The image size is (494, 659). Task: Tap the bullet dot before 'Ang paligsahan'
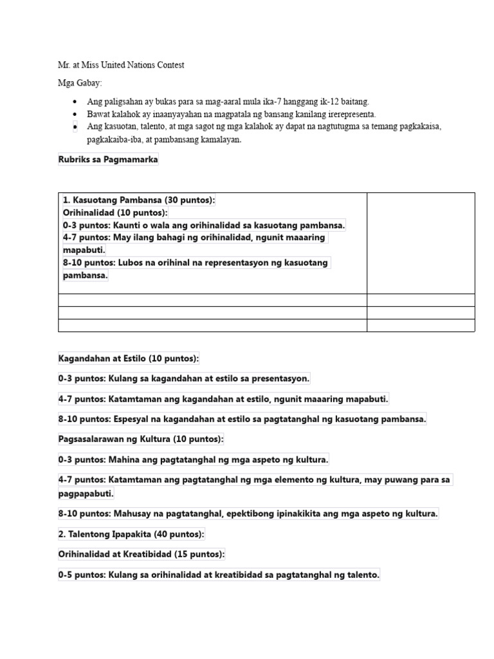(x=75, y=102)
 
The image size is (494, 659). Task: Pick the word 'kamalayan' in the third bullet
(x=218, y=140)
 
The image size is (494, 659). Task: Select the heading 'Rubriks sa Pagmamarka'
(x=107, y=160)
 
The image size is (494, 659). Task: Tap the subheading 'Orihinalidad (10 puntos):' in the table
(x=115, y=212)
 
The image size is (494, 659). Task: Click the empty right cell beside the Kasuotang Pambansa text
(x=421, y=243)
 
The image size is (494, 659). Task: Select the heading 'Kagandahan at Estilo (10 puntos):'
(x=129, y=358)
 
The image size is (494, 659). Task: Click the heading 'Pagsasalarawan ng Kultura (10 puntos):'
(x=141, y=439)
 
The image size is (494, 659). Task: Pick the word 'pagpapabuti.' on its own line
(x=86, y=493)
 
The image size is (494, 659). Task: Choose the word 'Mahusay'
(x=130, y=514)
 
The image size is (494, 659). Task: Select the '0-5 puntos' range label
(x=82, y=575)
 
